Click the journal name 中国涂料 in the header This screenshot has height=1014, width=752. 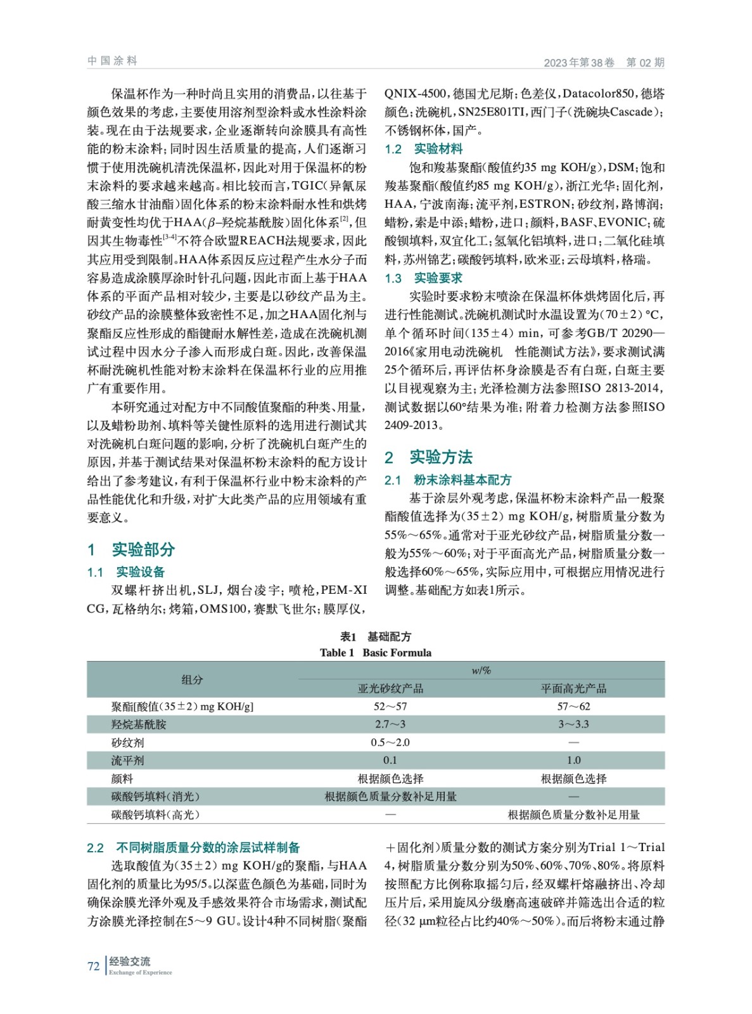pos(112,61)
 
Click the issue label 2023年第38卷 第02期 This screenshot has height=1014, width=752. pos(603,62)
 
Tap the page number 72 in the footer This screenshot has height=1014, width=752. pos(93,966)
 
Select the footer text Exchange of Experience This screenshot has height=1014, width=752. pos(140,972)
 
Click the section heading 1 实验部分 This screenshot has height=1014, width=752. pos(131,549)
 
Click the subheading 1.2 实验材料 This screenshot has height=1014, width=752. pos(423,149)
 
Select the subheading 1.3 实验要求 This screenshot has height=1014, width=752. pos(423,278)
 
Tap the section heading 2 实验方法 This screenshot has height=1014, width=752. pos(428,457)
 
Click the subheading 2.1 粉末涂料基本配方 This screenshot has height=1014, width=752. pos(447,480)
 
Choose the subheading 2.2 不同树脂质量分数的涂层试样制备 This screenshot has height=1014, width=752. pos(193,848)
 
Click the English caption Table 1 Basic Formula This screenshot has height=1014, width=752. pos(376,653)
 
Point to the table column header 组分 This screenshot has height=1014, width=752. pos(192,679)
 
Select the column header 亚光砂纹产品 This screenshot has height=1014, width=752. pos(390,688)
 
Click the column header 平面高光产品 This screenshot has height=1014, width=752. pos(573,688)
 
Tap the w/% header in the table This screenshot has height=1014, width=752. pos(481,671)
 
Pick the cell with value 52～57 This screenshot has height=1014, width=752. pos(390,707)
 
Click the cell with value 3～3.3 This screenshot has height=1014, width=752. pos(573,724)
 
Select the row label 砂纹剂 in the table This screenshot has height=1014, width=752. pos(128,743)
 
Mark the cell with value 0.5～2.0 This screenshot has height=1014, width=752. pos(390,743)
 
